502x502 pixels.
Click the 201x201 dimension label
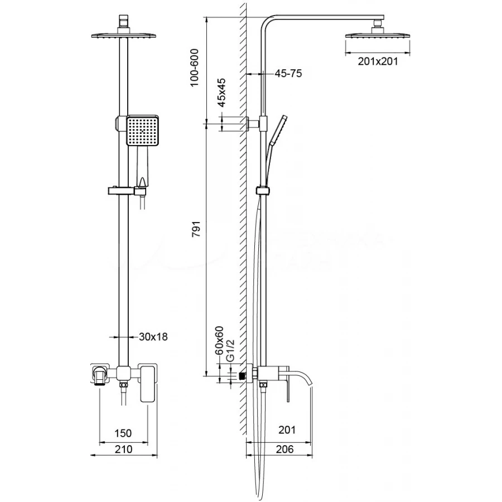tap(378, 61)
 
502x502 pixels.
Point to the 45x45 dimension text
tap(221, 93)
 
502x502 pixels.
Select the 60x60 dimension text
tap(220, 341)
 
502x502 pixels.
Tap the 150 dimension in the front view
tap(123, 433)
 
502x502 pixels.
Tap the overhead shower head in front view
tap(123, 36)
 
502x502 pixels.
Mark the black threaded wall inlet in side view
tap(242, 376)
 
